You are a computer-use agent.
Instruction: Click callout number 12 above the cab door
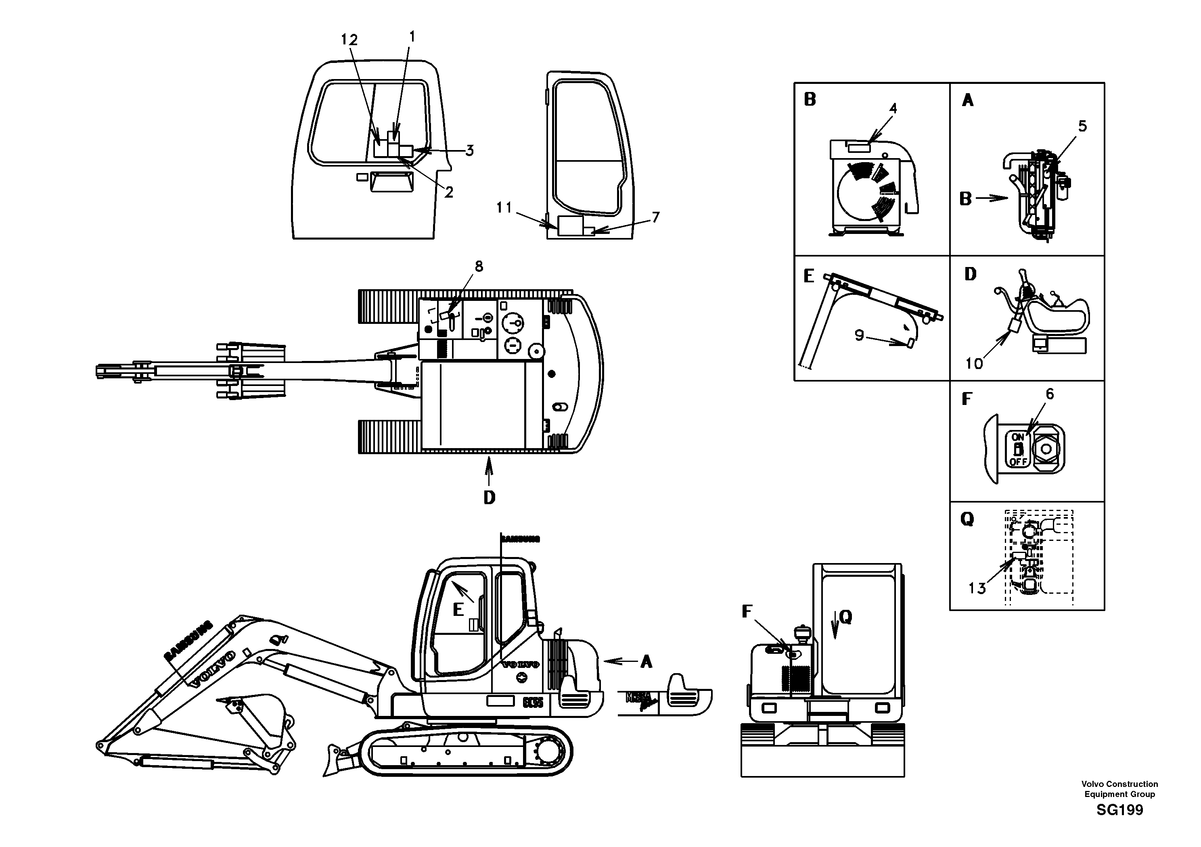[x=349, y=40]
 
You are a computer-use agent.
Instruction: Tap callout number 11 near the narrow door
[x=504, y=208]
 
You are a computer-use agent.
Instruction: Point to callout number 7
[x=655, y=217]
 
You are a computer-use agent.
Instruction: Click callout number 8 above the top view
[x=479, y=266]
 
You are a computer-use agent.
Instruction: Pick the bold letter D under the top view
[x=489, y=497]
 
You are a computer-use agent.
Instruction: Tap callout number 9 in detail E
[x=860, y=335]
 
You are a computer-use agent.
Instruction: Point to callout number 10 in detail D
[x=974, y=363]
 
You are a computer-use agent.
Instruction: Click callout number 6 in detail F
[x=1049, y=394]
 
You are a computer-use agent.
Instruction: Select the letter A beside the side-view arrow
[x=647, y=662]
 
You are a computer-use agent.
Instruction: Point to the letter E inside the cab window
[x=458, y=609]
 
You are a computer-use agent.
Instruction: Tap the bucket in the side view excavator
[x=259, y=719]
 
